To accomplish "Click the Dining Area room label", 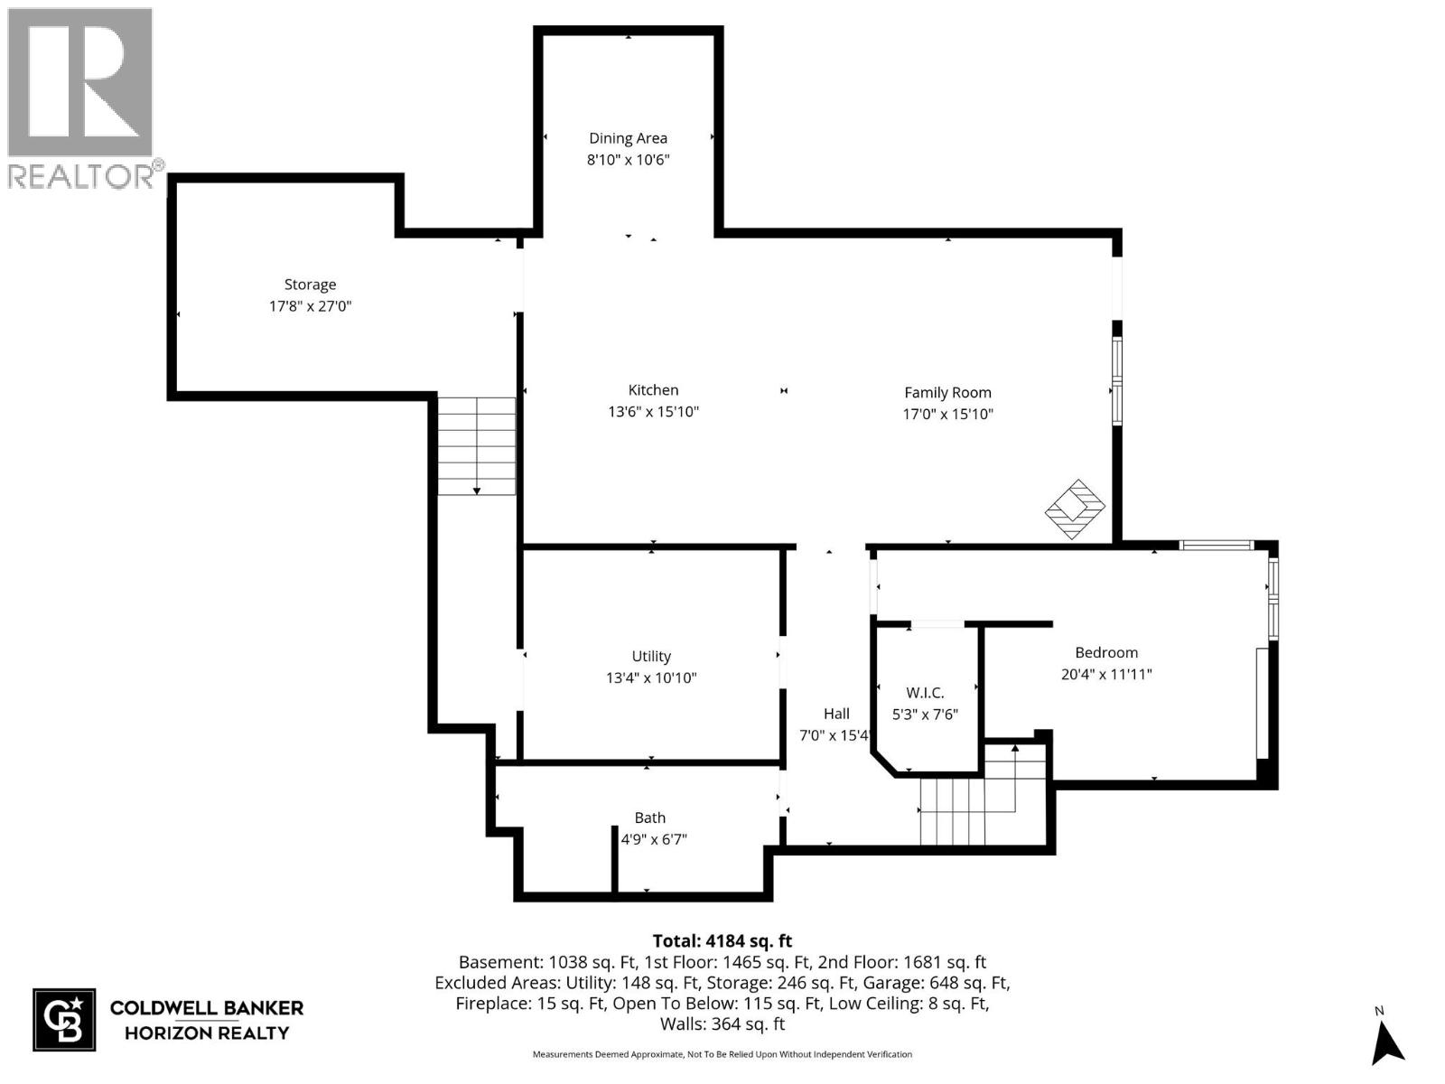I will (628, 138).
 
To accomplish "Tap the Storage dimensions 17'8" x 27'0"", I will (310, 306).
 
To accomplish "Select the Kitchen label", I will (653, 390).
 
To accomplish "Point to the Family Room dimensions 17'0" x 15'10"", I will (947, 415).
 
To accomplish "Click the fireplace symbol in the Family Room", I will (1075, 509).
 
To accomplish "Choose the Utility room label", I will (651, 657).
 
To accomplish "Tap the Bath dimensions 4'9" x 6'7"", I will (654, 839).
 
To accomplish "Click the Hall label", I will (836, 714).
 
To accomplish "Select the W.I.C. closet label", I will (925, 693).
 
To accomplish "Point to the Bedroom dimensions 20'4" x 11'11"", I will (1106, 674).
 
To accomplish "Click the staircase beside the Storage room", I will (477, 445).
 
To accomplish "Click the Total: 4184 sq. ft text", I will (722, 941).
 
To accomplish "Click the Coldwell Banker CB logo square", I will (64, 1020).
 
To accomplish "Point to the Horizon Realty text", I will (206, 1033).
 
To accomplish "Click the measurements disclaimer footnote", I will (722, 1054).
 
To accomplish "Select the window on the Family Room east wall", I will (1117, 381).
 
